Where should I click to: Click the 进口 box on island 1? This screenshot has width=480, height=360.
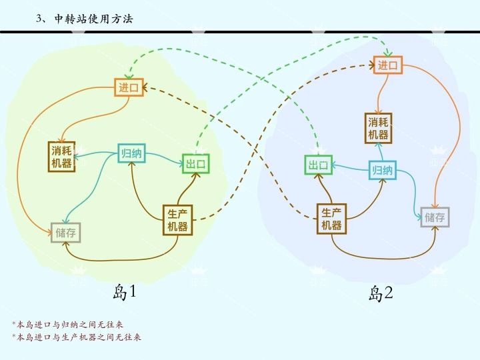[x=129, y=87]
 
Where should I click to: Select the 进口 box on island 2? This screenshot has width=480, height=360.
[x=387, y=65]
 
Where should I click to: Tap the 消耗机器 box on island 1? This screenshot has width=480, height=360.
[x=61, y=157]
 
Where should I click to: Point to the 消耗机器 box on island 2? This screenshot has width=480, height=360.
[x=379, y=128]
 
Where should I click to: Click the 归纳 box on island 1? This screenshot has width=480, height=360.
[x=131, y=153]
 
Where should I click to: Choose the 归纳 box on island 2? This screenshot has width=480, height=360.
[x=383, y=170]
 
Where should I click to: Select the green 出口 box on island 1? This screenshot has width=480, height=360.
[x=196, y=163]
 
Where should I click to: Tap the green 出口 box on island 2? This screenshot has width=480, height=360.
[x=319, y=165]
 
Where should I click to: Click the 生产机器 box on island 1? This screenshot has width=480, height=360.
[x=177, y=220]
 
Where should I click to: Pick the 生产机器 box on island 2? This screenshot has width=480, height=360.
[x=331, y=219]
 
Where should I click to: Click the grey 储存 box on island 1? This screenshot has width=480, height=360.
[x=65, y=233]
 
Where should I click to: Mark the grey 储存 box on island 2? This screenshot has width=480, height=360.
[x=435, y=217]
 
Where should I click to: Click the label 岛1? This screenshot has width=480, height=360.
[x=124, y=292]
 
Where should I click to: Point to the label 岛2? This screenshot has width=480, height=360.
[x=381, y=293]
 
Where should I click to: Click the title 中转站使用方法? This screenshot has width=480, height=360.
[x=94, y=19]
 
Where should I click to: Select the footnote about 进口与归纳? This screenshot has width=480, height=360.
[x=67, y=325]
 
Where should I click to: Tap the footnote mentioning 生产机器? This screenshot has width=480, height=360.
[x=77, y=337]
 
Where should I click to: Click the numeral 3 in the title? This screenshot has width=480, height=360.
[x=39, y=19]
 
